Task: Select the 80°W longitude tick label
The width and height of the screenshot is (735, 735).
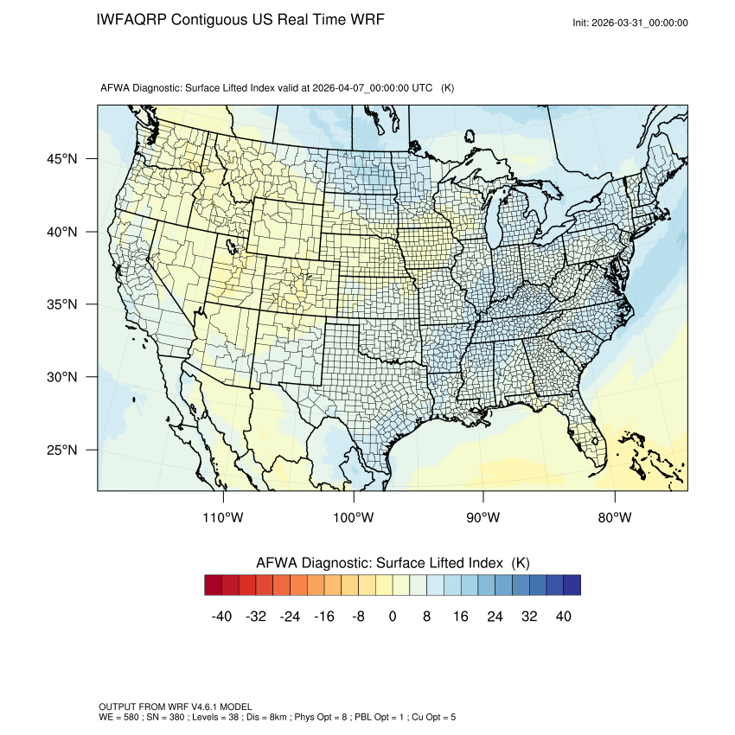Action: (615, 518)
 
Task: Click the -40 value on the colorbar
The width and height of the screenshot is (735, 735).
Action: (222, 617)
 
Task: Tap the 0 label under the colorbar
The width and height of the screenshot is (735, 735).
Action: (393, 617)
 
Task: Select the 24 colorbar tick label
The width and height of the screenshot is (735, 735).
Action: (495, 617)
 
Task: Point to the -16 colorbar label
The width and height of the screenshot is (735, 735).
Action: (324, 617)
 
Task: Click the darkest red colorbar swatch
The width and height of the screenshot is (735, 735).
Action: (214, 585)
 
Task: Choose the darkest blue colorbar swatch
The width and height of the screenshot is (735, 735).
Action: (572, 585)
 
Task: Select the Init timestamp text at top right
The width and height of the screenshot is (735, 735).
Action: (630, 22)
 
